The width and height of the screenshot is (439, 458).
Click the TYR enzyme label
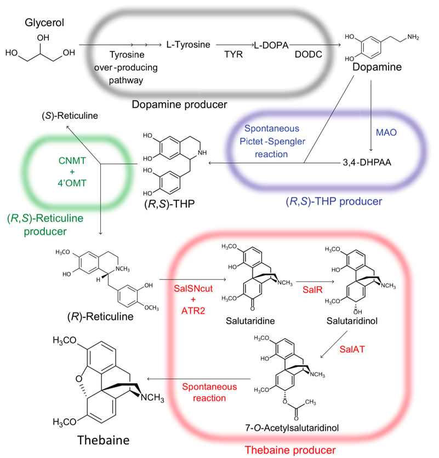coord(233,56)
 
